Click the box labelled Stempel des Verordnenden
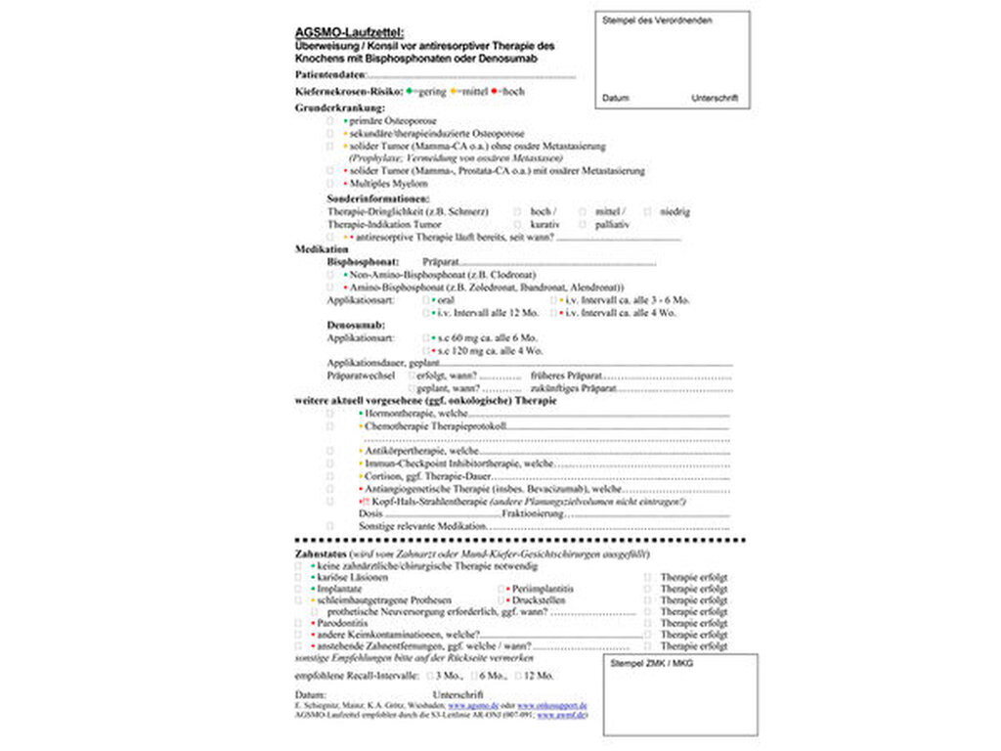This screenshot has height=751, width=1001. [672, 59]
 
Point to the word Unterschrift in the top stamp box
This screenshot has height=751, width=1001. [714, 99]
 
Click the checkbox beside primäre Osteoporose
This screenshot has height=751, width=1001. [329, 120]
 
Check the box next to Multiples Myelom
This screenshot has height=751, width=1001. [329, 183]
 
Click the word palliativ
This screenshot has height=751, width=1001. [611, 224]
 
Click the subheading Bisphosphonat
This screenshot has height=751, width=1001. [363, 262]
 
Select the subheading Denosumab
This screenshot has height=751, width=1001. [356, 324]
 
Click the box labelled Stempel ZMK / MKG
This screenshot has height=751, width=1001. [679, 694]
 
